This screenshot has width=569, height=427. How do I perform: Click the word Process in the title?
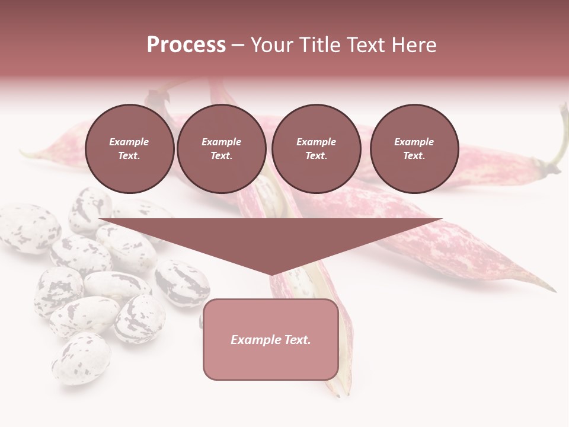186,45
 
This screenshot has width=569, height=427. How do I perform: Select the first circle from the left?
130,149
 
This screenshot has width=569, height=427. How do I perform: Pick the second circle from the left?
222,149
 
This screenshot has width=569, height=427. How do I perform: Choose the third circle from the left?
317,149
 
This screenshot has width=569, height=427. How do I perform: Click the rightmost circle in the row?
414,149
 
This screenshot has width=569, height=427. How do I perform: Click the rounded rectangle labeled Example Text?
271,339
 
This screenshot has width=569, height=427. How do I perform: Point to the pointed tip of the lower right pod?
554,291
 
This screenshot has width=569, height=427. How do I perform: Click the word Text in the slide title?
364,45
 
